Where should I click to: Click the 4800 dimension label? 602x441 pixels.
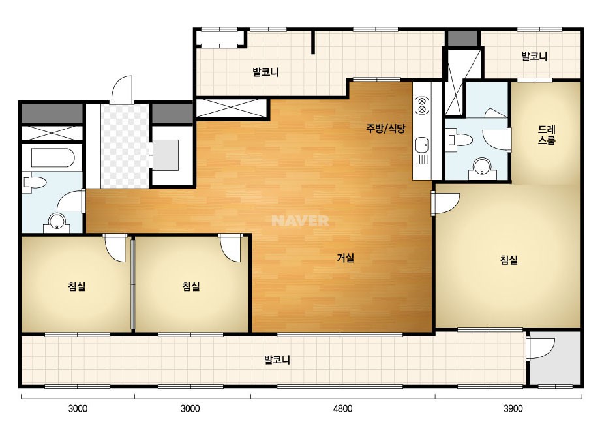[x=342, y=409]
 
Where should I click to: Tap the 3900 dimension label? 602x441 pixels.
[x=513, y=409]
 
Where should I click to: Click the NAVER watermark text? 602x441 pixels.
[x=300, y=220]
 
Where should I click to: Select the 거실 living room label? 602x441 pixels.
[x=345, y=258]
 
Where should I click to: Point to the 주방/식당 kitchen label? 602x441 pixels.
[x=385, y=129]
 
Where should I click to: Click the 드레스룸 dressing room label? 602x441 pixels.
[x=547, y=135]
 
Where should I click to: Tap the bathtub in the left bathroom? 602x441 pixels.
[x=52, y=158]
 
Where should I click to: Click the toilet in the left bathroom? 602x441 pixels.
[x=34, y=182]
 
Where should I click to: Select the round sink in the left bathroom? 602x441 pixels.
[x=57, y=222]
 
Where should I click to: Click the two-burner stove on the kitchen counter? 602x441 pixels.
[x=421, y=105]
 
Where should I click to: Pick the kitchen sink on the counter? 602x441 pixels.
[x=421, y=145]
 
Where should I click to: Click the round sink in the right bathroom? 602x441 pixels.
[x=481, y=168]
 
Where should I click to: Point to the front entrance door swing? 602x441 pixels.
[x=122, y=90]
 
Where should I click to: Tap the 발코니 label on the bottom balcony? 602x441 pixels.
[x=277, y=360]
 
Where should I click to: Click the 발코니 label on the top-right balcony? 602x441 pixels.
[x=534, y=57]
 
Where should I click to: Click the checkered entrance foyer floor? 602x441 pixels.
[x=125, y=146]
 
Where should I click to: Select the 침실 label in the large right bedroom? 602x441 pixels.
[x=509, y=260]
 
